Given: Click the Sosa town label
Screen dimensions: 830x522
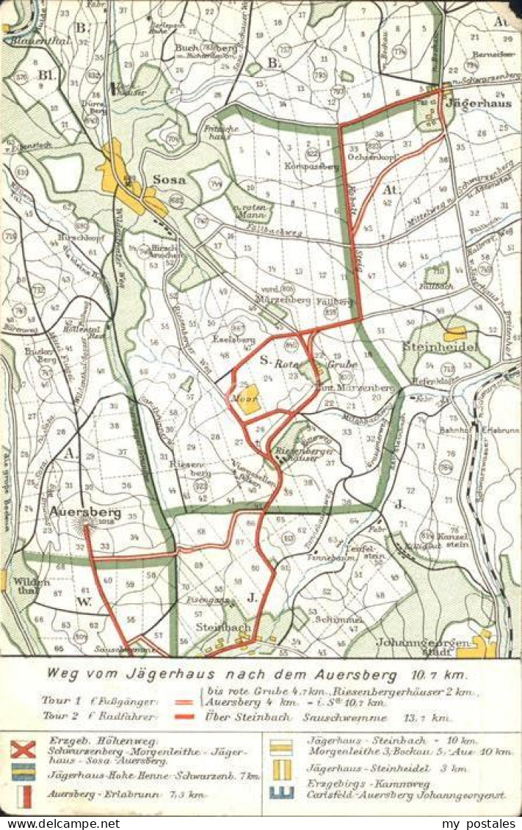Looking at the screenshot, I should pos(169,179).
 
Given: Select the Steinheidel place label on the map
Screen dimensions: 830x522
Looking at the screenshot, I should pos(441,346).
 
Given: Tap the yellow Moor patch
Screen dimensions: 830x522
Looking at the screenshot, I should pos(250,399).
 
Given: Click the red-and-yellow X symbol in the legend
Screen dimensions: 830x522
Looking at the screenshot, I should pos(23,749).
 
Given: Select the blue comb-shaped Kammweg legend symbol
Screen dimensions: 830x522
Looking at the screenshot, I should pos(281,791).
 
